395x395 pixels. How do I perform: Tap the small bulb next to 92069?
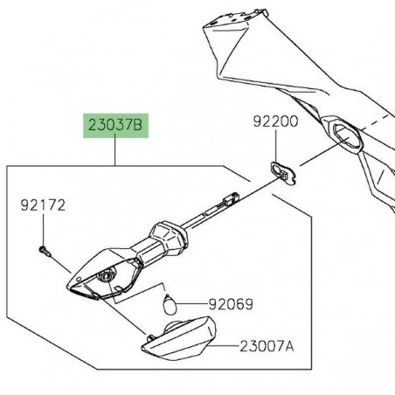click(x=171, y=304)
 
